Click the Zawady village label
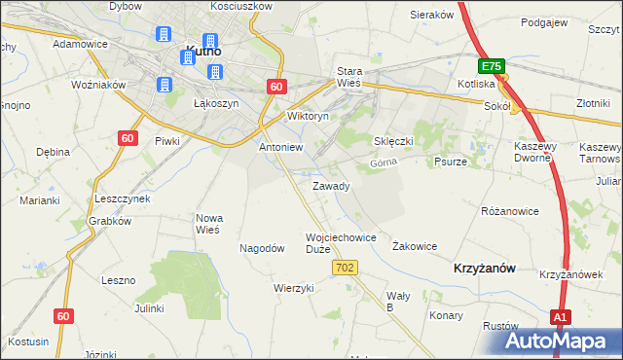pos(331,185)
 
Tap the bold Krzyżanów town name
pos(484,267)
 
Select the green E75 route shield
pos(491,66)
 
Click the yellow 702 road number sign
pos(346,267)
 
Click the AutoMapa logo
pos(561,342)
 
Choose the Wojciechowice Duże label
pos(341,242)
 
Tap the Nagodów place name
pos(262,248)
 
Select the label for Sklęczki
pos(394,140)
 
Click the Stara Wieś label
pos(348,77)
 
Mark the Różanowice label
pos(510,210)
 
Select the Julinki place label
pos(149,308)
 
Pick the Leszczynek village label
pos(122,198)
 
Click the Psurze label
pos(451,162)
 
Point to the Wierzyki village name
pos(293,288)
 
